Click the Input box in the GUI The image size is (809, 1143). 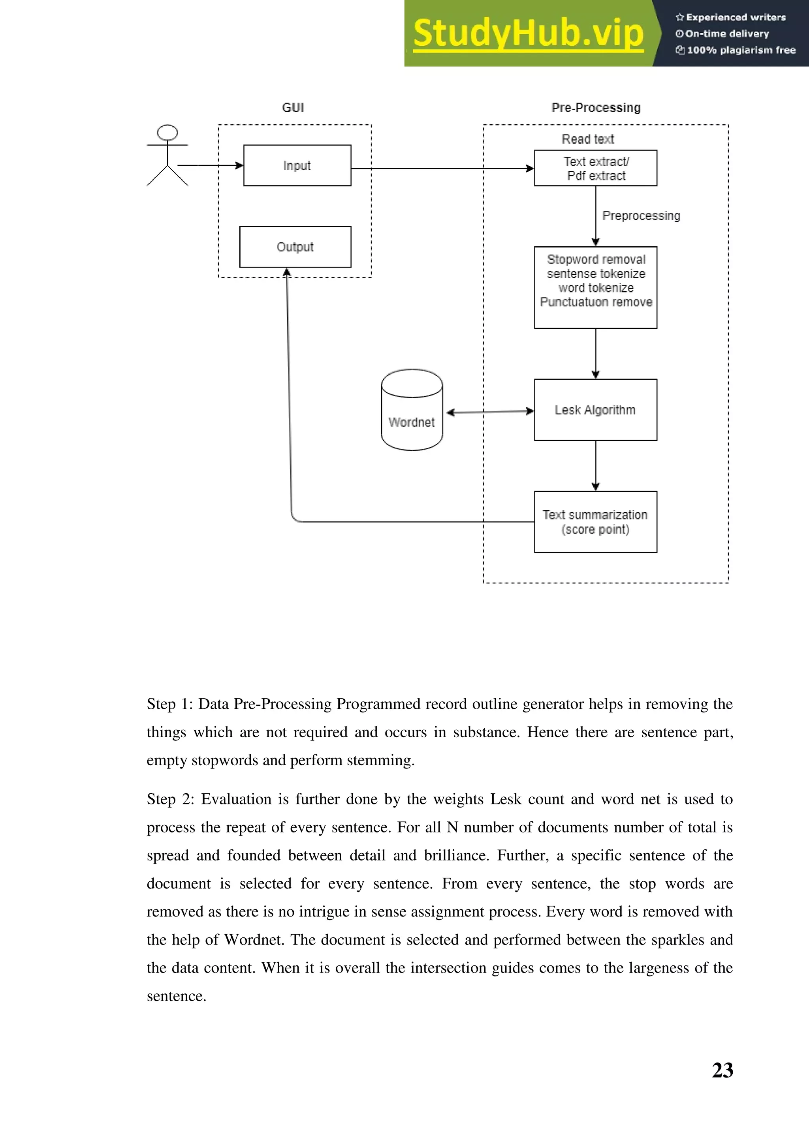coord(297,165)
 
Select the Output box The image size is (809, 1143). coord(295,247)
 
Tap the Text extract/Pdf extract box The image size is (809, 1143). coord(595,168)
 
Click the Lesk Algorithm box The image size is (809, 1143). coord(595,410)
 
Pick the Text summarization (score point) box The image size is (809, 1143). coord(595,522)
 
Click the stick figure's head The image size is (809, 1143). coord(167,133)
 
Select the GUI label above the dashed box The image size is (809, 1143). coord(293,107)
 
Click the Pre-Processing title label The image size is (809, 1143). coord(596,107)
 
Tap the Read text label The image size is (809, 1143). coord(588,139)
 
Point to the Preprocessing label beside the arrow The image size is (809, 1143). coord(641,215)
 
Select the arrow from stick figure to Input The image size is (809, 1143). coord(209,165)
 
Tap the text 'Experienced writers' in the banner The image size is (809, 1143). coord(736,17)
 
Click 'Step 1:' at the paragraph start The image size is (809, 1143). coord(169,704)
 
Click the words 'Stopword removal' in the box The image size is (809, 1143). coord(596,259)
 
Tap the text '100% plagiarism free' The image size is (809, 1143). coord(741,50)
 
